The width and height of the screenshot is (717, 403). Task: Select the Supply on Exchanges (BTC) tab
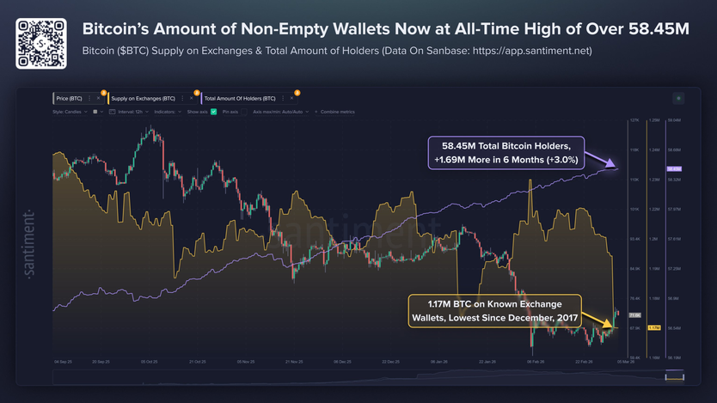143,99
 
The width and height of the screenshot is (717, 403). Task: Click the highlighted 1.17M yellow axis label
653,327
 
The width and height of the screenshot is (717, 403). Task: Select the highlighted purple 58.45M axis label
674,168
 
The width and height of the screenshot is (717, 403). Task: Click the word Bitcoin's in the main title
119,29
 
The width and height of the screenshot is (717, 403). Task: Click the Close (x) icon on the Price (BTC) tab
99,99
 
